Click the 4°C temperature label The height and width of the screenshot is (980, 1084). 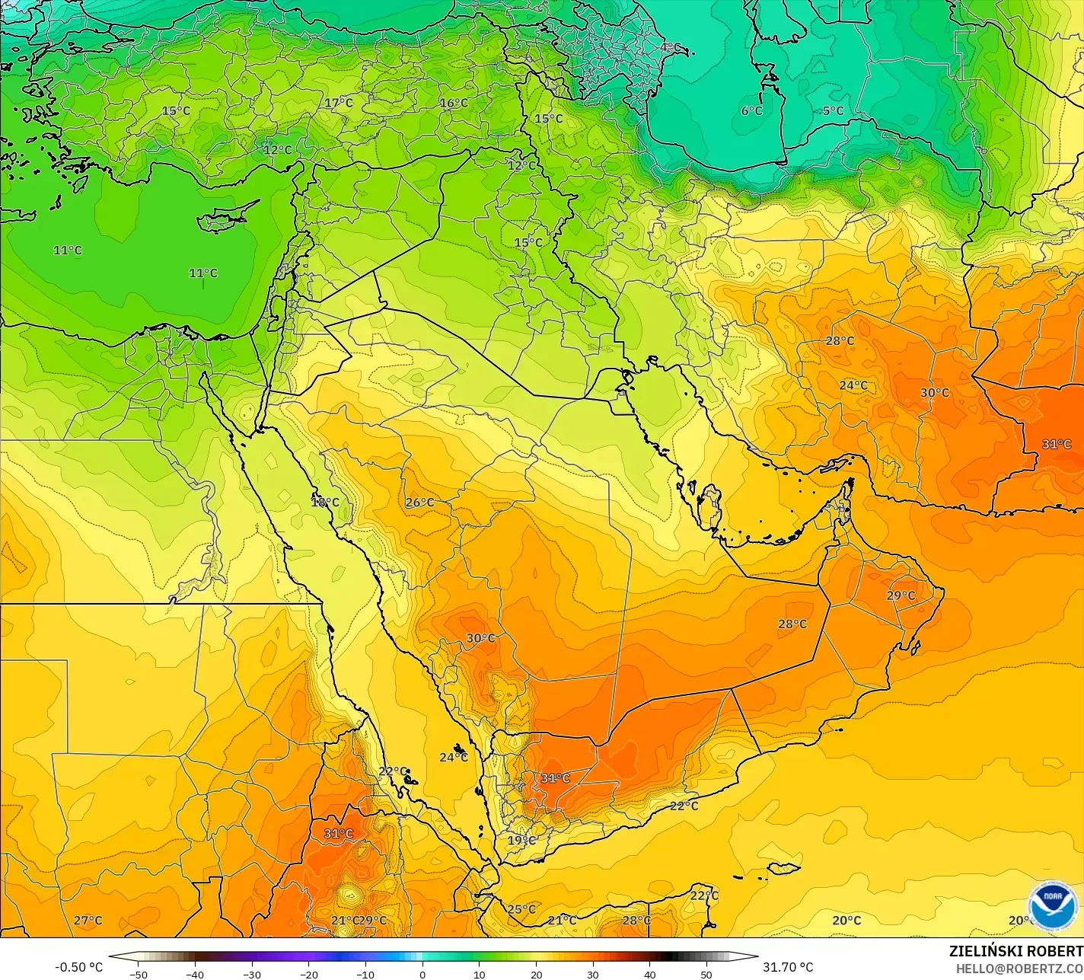pos(670,47)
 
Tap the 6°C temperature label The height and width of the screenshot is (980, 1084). pos(751,111)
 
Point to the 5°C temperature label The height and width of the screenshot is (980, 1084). pos(833,111)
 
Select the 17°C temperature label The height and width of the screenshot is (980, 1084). pos(339,103)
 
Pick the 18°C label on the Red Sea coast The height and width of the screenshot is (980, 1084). pos(325,503)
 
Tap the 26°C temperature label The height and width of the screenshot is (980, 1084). pos(419,503)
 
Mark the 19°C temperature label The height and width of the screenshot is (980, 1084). pos(521,841)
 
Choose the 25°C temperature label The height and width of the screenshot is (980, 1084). pos(521,909)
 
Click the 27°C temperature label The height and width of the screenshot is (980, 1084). pos(88,921)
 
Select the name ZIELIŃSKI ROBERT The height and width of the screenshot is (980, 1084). pos(1015,951)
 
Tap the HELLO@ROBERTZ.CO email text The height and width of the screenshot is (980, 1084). pos(1019,969)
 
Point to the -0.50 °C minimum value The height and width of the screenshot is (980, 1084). pos(79,967)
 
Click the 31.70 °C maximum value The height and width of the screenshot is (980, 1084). pos(788,967)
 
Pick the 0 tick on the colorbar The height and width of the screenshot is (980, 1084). pos(422,975)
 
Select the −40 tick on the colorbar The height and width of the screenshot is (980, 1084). pos(195,975)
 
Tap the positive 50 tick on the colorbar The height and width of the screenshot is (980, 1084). pos(707,975)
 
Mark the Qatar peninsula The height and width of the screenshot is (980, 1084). pos(710,504)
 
